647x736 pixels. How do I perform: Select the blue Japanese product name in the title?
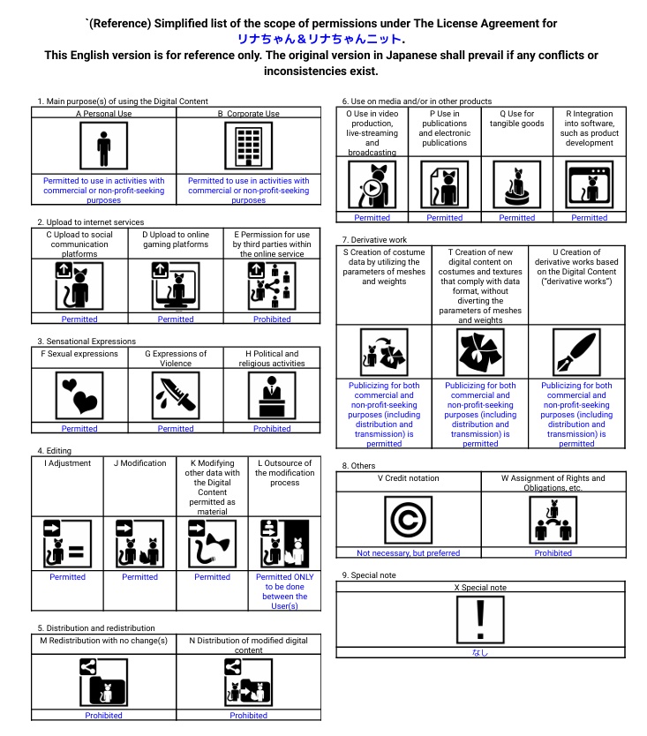[x=321, y=39]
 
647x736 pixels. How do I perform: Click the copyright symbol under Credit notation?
[x=408, y=520]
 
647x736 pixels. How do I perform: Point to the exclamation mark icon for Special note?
[x=480, y=620]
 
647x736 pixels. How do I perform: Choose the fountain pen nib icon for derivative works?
[x=576, y=352]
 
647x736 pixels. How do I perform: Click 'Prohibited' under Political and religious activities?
[x=272, y=429]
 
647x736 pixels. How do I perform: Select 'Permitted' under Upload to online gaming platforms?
[x=175, y=319]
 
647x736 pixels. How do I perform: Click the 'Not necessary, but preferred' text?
[x=408, y=553]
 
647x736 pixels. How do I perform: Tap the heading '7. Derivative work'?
[x=374, y=240]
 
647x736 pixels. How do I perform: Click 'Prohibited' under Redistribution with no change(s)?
[x=103, y=716]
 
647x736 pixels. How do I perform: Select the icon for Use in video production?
[x=372, y=185]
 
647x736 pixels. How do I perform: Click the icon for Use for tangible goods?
[x=516, y=185]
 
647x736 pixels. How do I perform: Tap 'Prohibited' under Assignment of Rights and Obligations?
[x=553, y=553]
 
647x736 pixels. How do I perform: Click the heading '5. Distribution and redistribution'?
[x=90, y=628]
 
